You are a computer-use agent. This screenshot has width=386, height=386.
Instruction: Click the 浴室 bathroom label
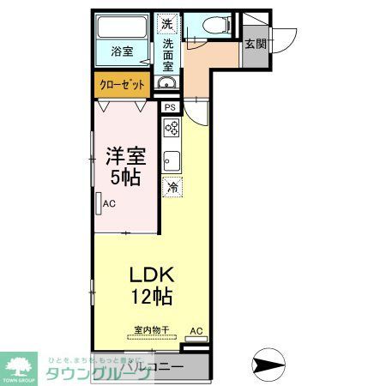(122, 51)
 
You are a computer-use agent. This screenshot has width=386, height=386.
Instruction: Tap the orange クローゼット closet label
(123, 85)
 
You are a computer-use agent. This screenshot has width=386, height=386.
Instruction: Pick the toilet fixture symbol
(211, 27)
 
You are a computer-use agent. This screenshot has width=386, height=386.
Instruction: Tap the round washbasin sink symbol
(166, 83)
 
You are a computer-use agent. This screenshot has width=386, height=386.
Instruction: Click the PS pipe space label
(170, 107)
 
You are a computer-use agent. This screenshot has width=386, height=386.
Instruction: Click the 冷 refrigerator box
(172, 186)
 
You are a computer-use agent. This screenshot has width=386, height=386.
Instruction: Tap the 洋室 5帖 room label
(125, 166)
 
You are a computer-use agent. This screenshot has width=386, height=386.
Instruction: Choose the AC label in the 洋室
(109, 204)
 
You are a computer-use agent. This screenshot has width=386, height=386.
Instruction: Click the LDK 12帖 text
(152, 286)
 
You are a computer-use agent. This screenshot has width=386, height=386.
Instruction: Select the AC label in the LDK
(196, 331)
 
